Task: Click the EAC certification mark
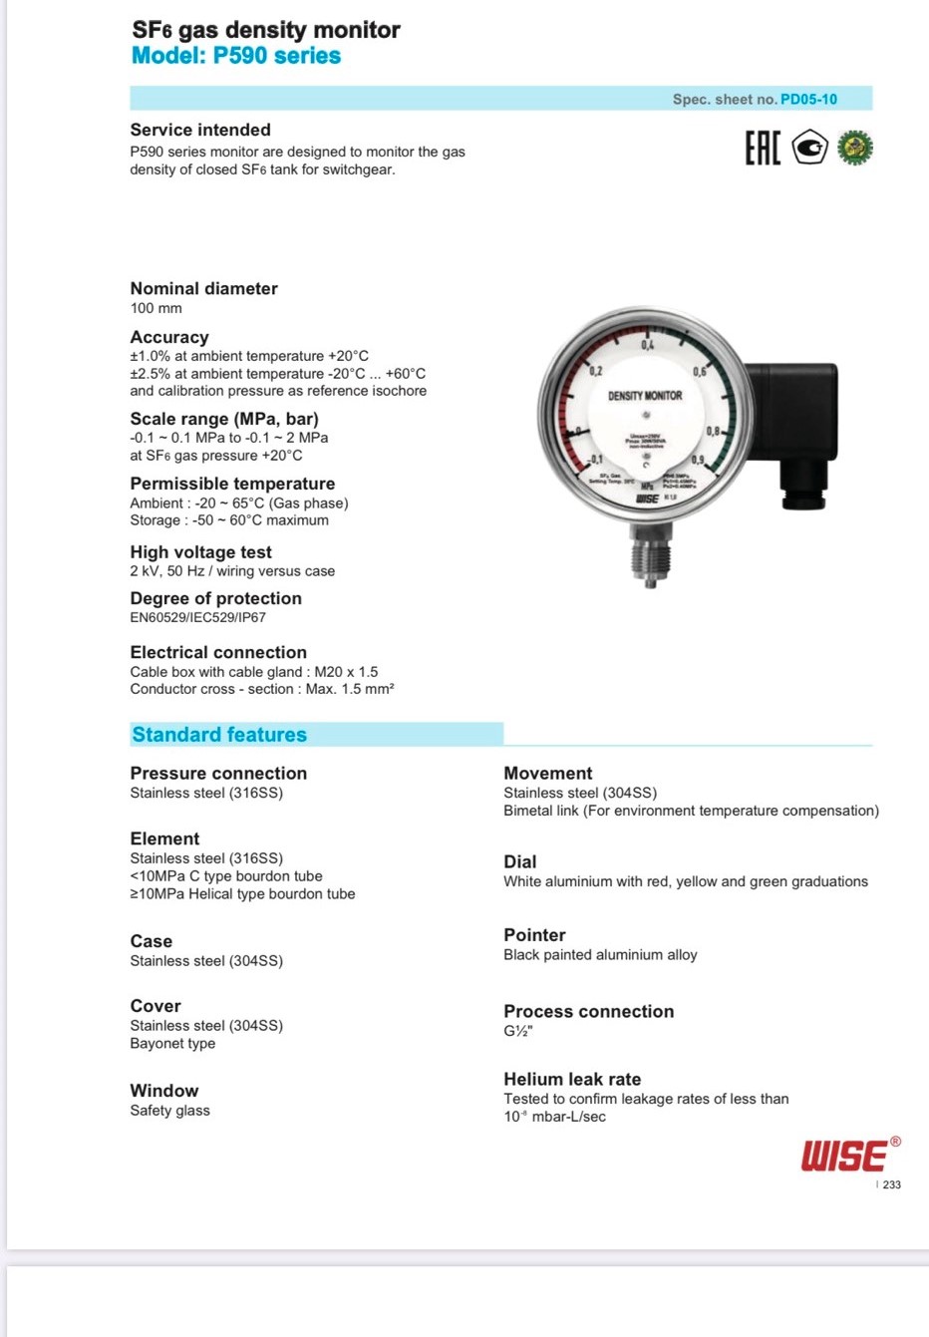pos(763,149)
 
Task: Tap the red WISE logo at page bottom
pos(844,1157)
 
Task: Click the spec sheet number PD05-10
pos(808,99)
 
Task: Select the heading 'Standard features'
pos(219,735)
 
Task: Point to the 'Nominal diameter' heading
pos(203,288)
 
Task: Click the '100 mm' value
pos(155,308)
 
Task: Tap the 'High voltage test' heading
pos(200,552)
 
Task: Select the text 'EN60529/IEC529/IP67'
pos(197,617)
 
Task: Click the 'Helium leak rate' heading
pos(572,1079)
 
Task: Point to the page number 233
pos(891,1184)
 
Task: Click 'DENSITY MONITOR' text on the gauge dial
pos(645,396)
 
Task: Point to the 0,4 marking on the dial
pos(648,345)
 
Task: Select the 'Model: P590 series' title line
pos(236,56)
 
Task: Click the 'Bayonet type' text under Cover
pos(172,1043)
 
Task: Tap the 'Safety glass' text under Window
pos(169,1110)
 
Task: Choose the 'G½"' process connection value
pos(518,1031)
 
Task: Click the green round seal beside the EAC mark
pos(854,148)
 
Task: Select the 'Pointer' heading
pos(534,935)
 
